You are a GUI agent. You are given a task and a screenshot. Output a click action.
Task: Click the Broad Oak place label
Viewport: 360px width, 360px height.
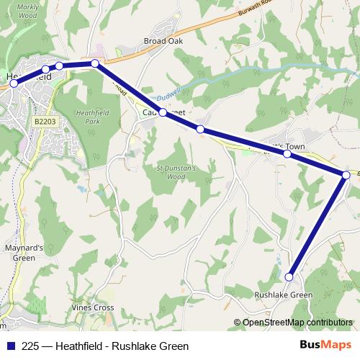coord(164,41)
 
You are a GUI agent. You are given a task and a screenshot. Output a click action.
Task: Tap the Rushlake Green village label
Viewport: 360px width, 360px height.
coord(284,295)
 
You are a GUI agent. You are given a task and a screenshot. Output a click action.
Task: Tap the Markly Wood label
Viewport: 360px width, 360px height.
coord(27,10)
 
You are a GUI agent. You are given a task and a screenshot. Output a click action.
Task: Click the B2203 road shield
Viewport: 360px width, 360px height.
coord(44,123)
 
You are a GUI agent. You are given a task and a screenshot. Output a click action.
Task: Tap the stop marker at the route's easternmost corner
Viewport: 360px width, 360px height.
coord(346,174)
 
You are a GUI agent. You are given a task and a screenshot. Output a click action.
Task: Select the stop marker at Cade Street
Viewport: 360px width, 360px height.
coord(163,112)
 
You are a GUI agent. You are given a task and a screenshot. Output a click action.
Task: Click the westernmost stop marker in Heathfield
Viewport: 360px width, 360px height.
coord(14,84)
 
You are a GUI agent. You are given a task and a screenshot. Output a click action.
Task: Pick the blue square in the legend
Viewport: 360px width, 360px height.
coord(9,346)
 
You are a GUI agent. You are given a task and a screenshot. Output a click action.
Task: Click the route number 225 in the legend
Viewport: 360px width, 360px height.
coord(30,346)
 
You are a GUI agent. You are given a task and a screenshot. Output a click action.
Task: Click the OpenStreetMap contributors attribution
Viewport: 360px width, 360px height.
coord(297,323)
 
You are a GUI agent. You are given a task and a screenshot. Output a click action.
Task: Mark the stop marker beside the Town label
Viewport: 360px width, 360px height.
coord(287,153)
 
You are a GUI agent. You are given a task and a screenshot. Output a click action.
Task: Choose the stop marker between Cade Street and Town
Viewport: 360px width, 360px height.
coord(200,130)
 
